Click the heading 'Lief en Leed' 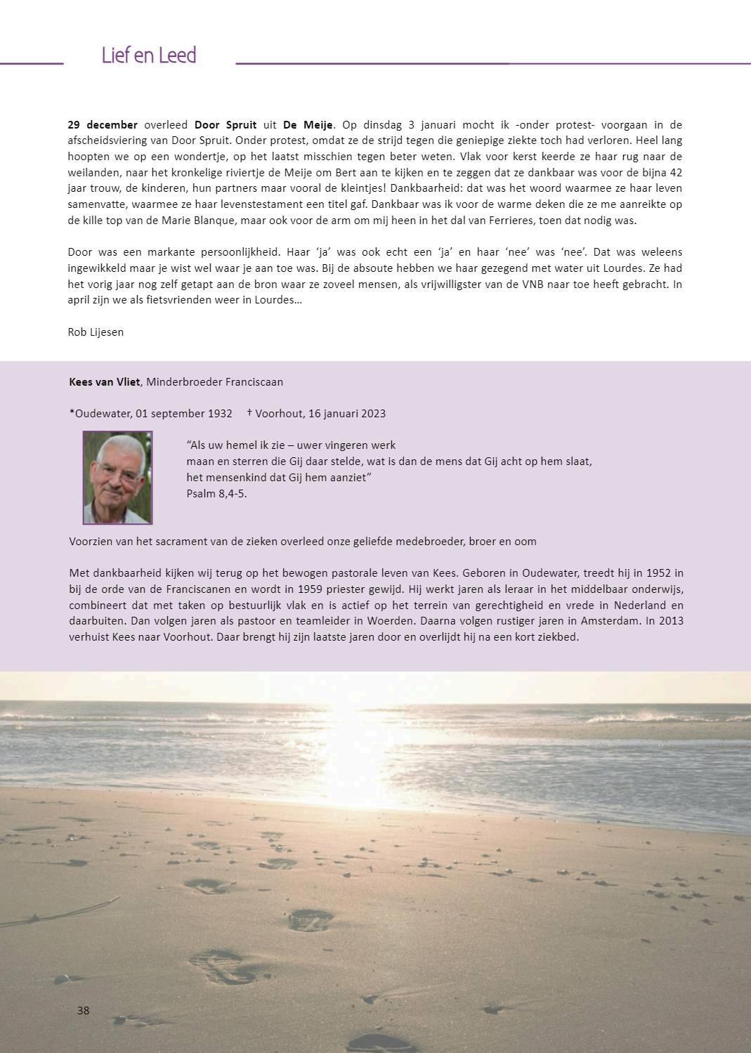[148, 55]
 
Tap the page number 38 [83, 1010]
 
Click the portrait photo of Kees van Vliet [117, 478]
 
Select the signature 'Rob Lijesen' [96, 332]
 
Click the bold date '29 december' [103, 125]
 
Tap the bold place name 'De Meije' [308, 125]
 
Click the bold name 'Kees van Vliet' [105, 382]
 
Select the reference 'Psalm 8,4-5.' [216, 493]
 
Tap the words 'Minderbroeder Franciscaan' [214, 382]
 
